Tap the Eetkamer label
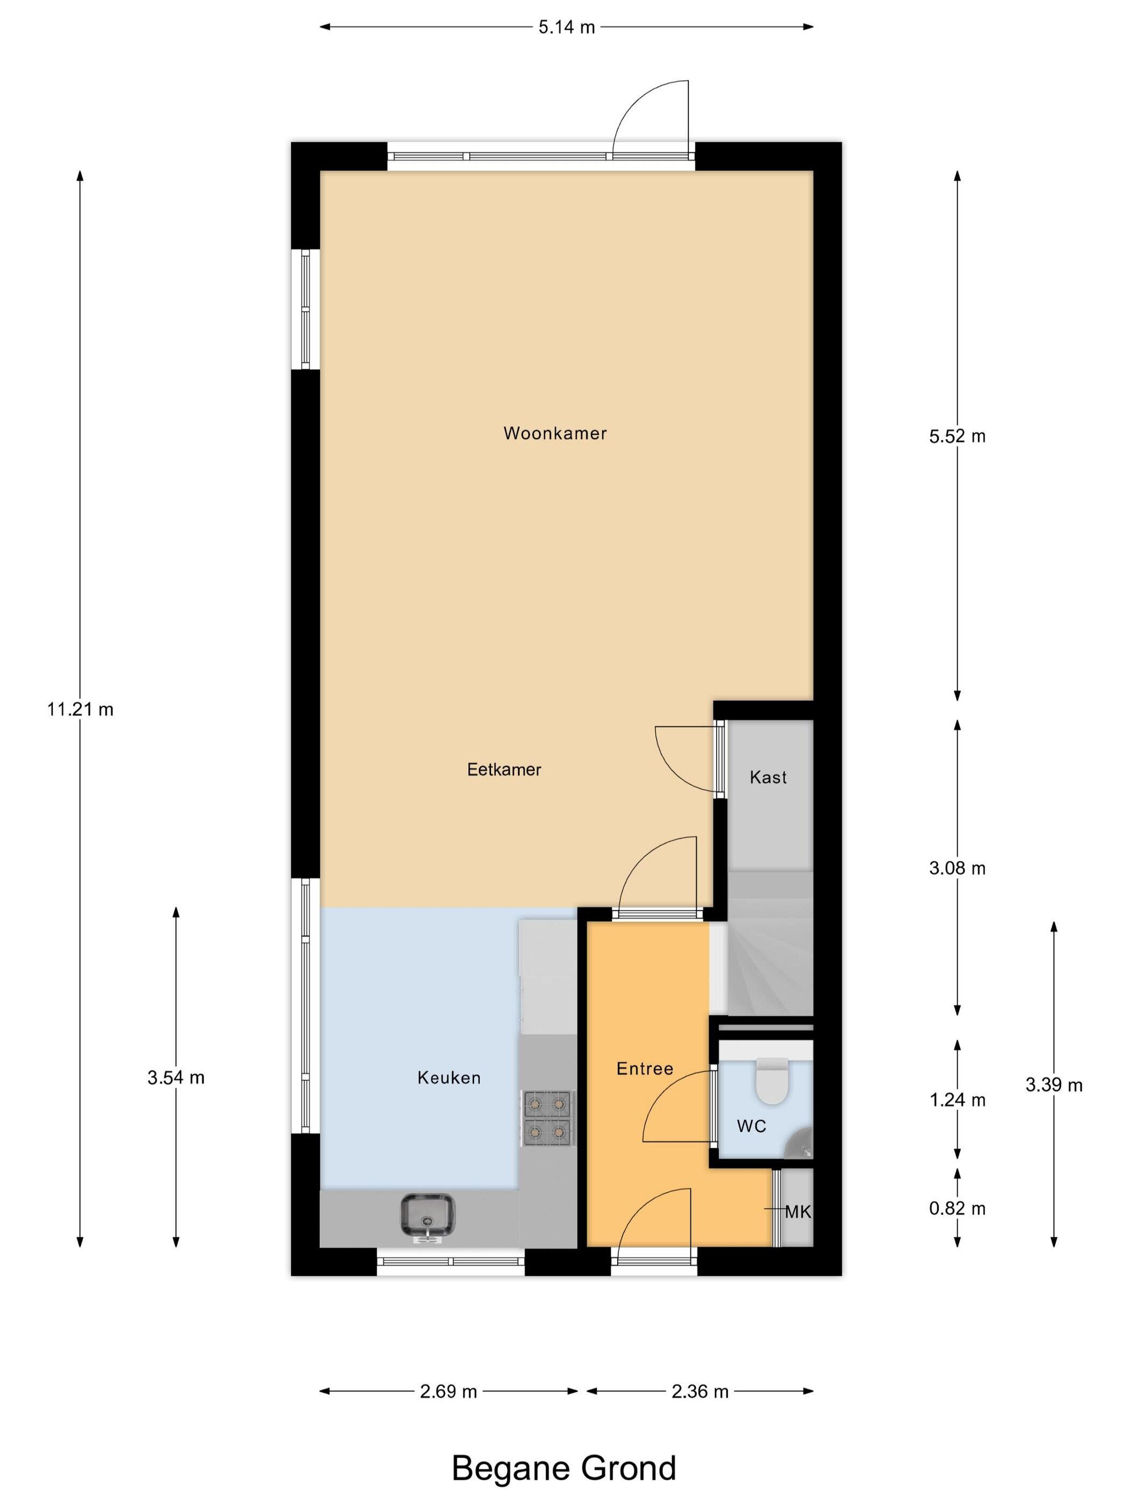click(504, 769)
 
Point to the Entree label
click(644, 1068)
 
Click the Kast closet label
click(768, 777)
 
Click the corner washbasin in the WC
click(800, 1143)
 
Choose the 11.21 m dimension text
click(80, 709)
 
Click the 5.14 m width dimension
click(567, 27)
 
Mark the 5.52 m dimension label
click(957, 436)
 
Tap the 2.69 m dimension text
click(448, 1391)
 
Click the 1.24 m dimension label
click(957, 1100)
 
